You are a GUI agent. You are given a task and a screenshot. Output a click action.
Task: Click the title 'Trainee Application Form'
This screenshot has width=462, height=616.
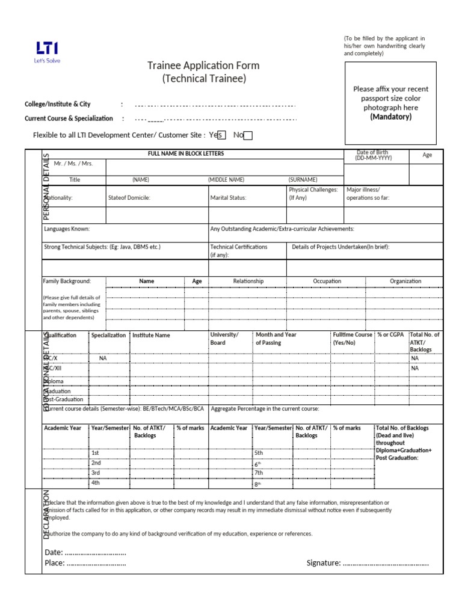[x=203, y=65]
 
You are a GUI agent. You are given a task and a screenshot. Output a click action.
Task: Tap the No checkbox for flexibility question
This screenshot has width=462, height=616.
[x=248, y=135]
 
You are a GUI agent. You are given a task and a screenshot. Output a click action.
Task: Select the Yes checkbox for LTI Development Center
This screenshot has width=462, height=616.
[x=221, y=135]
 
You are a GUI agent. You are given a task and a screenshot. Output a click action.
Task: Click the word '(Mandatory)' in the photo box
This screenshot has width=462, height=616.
[x=391, y=117]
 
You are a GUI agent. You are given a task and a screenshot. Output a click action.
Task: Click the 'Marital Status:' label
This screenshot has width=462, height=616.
[x=228, y=197]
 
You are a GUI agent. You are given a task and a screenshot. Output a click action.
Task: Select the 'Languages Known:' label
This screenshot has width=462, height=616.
[x=67, y=229]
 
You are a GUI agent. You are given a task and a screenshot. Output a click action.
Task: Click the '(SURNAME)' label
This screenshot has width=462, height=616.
[x=303, y=179]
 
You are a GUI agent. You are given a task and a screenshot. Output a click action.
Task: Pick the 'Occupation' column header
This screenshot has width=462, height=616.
[x=327, y=281]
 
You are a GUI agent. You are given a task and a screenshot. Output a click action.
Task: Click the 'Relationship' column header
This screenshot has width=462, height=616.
[x=248, y=281]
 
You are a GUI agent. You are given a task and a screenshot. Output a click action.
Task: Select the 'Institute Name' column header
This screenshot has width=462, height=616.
[x=151, y=335]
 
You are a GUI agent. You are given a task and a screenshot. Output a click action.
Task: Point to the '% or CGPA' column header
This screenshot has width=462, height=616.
[x=390, y=334]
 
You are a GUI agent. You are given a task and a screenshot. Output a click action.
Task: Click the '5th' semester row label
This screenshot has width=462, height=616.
[x=259, y=452]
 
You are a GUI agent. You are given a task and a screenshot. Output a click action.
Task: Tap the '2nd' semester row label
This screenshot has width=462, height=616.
[x=96, y=463]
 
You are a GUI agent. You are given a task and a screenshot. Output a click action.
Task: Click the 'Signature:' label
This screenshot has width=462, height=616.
[x=324, y=563]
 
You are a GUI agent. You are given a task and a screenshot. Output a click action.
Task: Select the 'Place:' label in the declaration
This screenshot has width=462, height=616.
[x=54, y=563]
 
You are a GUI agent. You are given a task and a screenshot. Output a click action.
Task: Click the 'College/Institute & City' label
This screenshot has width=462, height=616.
[x=57, y=104]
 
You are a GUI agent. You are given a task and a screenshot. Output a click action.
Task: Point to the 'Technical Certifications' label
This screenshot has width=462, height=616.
[x=239, y=247]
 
